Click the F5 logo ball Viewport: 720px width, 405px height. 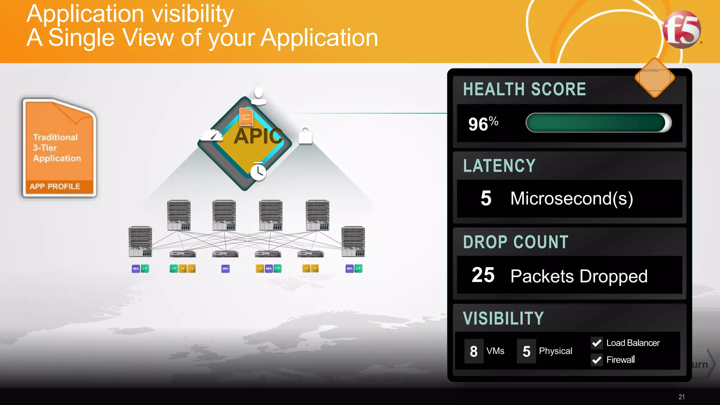(x=681, y=30)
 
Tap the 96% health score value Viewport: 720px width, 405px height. (x=483, y=124)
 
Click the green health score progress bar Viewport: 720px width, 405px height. (x=598, y=123)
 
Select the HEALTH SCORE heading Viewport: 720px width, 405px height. (x=525, y=89)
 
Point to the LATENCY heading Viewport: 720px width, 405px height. (x=499, y=166)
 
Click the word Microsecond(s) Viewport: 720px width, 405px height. (x=572, y=199)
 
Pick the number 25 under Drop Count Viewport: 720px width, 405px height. (x=483, y=275)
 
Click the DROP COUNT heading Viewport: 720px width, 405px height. (x=515, y=242)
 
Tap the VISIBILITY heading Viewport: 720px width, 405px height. (x=503, y=319)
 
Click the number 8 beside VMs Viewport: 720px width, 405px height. (x=474, y=351)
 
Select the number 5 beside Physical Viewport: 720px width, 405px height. (x=526, y=351)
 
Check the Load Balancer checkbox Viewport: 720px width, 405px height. (x=597, y=343)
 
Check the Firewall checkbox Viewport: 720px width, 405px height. (x=597, y=360)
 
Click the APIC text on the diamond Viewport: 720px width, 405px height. (x=258, y=136)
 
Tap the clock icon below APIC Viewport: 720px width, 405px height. (x=258, y=172)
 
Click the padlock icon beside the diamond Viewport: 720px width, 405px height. (x=305, y=136)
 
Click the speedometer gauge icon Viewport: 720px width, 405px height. (x=212, y=135)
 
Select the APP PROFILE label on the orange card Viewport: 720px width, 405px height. (x=55, y=186)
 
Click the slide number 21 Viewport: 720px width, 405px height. (x=681, y=397)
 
